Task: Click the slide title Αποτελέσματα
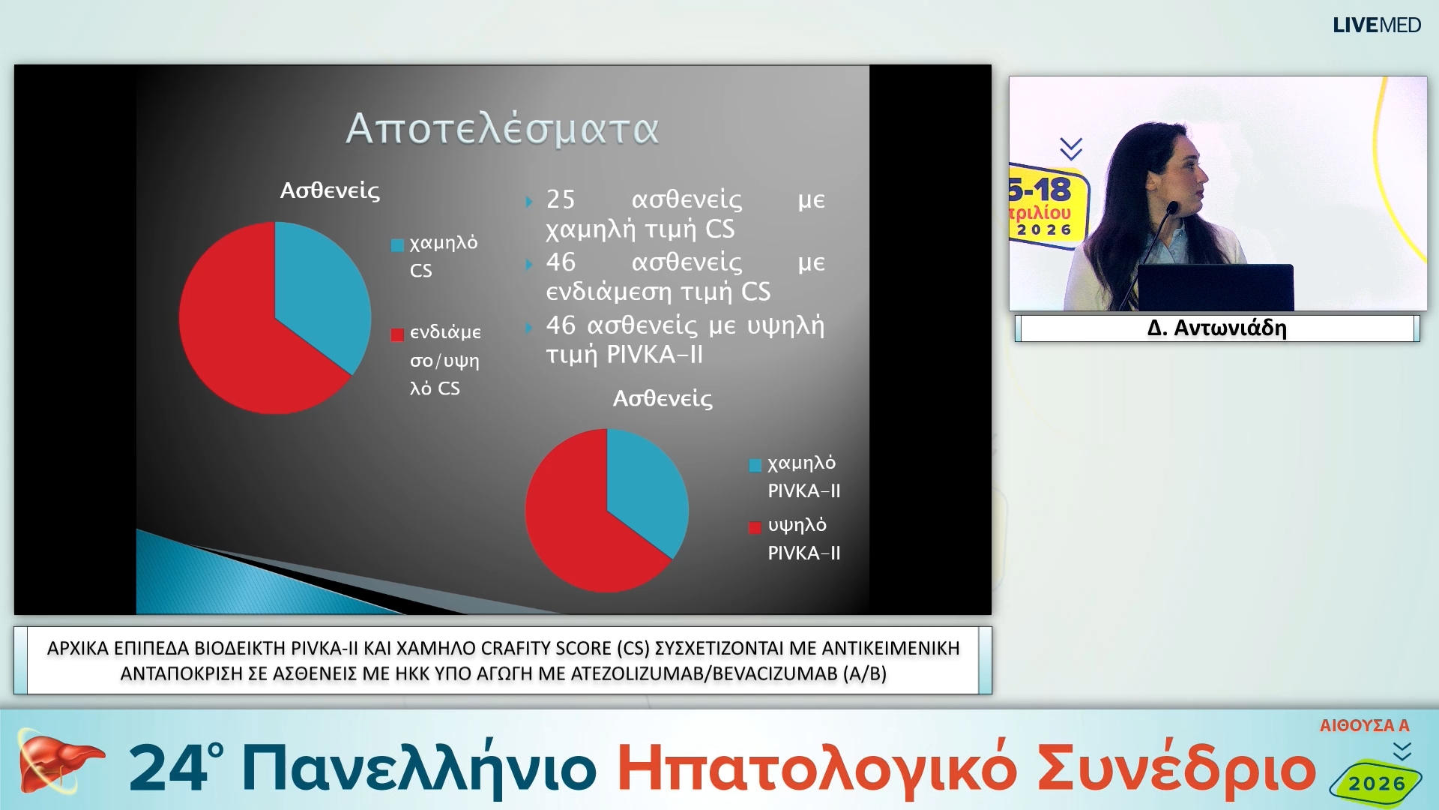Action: [x=502, y=128]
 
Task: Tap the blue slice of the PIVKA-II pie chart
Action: [x=645, y=487]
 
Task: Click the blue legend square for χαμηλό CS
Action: [x=397, y=245]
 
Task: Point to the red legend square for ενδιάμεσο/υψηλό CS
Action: [x=397, y=334]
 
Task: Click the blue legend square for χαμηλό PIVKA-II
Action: [x=755, y=465]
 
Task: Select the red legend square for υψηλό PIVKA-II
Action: [x=755, y=527]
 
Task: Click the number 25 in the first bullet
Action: [x=561, y=199]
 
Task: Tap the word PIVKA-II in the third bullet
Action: [x=654, y=355]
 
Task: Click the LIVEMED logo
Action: [x=1376, y=25]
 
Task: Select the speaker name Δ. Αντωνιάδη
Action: [x=1216, y=328]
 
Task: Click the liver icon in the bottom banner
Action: [x=56, y=763]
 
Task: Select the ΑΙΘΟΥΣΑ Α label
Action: [x=1364, y=725]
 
